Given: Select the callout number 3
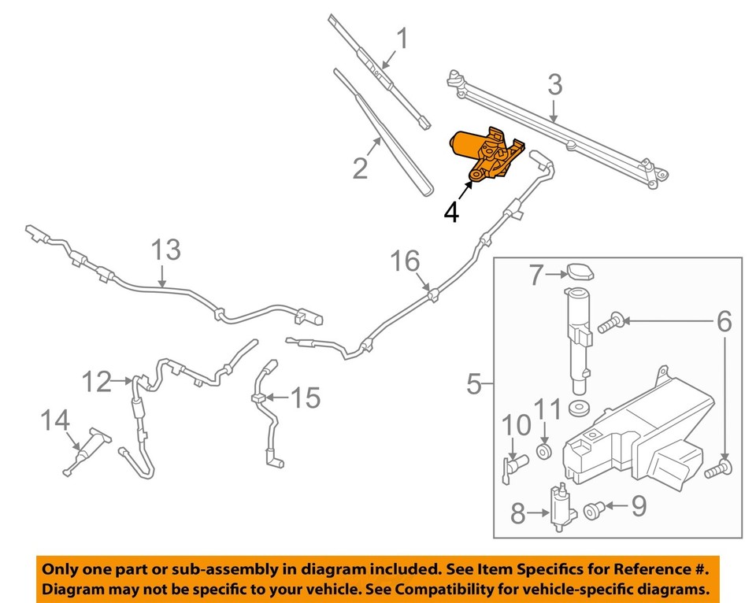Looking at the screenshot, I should click(555, 84).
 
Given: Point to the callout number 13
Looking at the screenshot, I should click(166, 250).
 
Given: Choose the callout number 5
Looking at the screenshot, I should click(474, 385).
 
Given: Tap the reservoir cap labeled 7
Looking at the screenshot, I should click(578, 272).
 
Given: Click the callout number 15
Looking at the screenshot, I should click(306, 398).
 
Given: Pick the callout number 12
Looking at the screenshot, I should click(98, 383).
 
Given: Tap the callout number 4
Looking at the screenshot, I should click(451, 211).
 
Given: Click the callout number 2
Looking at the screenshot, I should click(361, 168).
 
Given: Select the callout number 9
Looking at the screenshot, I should click(638, 505).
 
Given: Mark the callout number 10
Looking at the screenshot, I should click(517, 425).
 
